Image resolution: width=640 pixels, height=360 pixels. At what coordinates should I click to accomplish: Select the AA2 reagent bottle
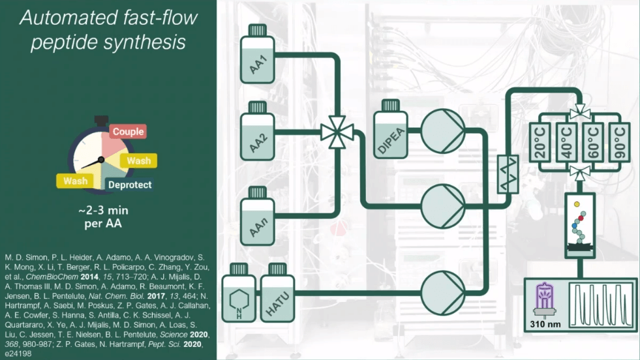tap(258, 134)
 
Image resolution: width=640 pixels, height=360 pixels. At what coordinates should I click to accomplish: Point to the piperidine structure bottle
tap(239, 298)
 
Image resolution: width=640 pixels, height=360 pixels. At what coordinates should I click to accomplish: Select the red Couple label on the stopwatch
tap(127, 132)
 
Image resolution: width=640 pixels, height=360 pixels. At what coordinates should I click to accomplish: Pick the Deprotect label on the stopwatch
tap(130, 185)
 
